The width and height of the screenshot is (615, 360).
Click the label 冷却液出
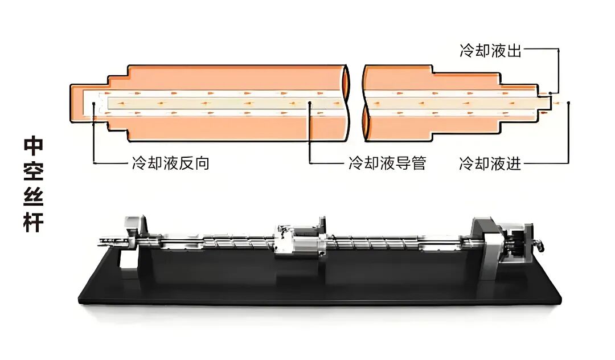490,51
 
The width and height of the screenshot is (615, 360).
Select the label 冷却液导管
387,164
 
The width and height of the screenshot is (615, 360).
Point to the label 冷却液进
490,164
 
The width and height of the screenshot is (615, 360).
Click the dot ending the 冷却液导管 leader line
310,103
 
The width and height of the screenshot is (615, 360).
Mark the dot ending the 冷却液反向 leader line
93,103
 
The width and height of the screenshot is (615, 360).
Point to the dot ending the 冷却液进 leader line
568,103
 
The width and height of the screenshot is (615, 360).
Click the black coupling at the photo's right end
520,244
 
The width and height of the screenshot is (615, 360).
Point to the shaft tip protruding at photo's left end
102,242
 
